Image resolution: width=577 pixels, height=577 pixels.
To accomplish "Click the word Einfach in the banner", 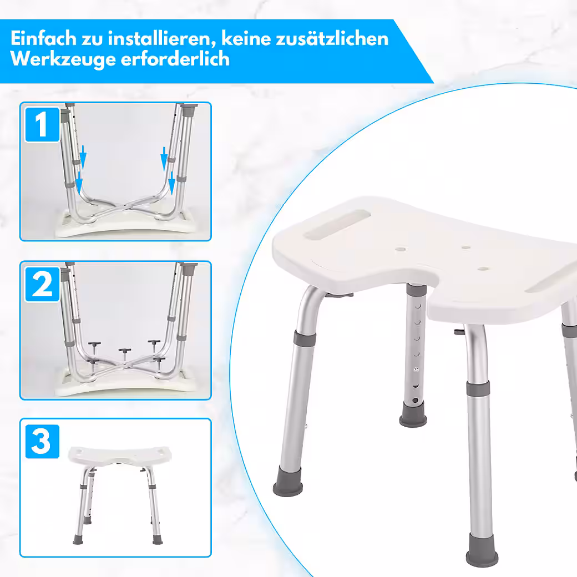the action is tap(43, 38).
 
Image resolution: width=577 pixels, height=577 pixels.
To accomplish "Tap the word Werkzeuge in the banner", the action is tap(63, 59).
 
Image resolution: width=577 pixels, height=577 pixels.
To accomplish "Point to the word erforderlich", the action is tap(175, 58).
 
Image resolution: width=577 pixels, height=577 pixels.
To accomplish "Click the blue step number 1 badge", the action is tap(42, 124).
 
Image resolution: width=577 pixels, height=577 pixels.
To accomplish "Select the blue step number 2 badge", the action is tap(42, 285).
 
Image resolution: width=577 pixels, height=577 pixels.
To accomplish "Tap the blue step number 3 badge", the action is tap(42, 442).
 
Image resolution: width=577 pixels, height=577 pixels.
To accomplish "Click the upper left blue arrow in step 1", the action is tap(83, 157).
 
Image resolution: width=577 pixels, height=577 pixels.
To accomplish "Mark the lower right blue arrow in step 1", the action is tap(171, 183).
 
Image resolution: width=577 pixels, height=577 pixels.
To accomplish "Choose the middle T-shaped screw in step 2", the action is tap(125, 354).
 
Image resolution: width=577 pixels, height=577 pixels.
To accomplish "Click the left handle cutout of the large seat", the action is tap(336, 225).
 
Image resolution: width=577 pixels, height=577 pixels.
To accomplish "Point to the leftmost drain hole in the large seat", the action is tap(401, 249).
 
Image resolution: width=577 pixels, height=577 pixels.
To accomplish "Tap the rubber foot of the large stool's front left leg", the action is tap(288, 482).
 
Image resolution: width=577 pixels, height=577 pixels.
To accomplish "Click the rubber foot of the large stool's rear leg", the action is tap(413, 414).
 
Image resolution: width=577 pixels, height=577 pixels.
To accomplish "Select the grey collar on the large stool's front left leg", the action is tap(305, 337).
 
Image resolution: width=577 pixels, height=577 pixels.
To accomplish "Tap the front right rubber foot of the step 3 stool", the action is tap(158, 540).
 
